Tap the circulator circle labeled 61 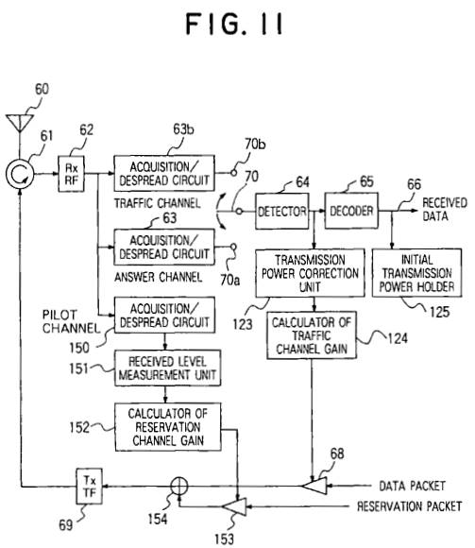[x=20, y=174]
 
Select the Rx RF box [x=71, y=174]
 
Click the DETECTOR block [x=281, y=211]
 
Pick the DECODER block [x=351, y=211]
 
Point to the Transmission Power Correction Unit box [x=310, y=273]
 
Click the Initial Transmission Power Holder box [x=416, y=273]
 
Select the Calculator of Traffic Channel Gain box [x=312, y=335]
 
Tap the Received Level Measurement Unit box [x=168, y=368]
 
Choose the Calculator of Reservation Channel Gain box [x=168, y=427]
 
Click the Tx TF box [x=90, y=487]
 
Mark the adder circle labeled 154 [x=179, y=487]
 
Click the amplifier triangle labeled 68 [x=315, y=486]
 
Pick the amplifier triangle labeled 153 [x=236, y=506]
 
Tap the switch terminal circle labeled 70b [x=234, y=173]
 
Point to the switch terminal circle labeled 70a [x=233, y=247]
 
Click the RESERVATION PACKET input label [x=409, y=506]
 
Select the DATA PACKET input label [x=412, y=486]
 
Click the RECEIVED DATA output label [x=445, y=210]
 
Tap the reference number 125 [x=439, y=312]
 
